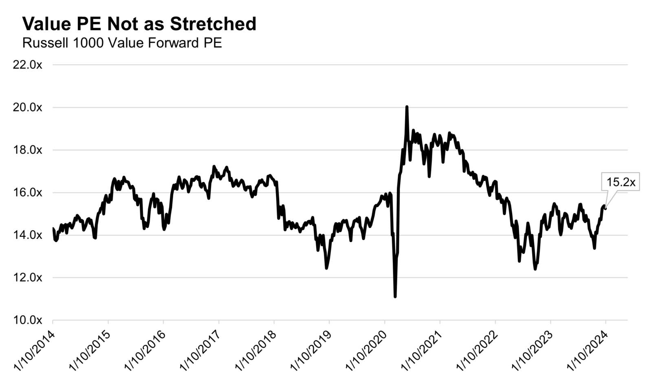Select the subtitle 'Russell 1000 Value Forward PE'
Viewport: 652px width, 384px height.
pyautogui.click(x=122, y=43)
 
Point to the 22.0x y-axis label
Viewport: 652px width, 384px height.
pyautogui.click(x=27, y=65)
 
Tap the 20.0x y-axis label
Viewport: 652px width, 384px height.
pyautogui.click(x=27, y=108)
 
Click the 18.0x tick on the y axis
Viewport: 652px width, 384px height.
pyautogui.click(x=27, y=150)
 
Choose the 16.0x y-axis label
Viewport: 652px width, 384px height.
pyautogui.click(x=27, y=192)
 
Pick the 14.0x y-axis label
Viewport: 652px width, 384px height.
pyautogui.click(x=27, y=235)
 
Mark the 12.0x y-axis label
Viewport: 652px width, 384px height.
pyautogui.click(x=27, y=278)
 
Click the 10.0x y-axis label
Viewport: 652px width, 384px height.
pyautogui.click(x=27, y=320)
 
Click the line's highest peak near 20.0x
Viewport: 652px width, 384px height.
pyautogui.click(x=407, y=107)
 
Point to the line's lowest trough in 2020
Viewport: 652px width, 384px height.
pyautogui.click(x=395, y=296)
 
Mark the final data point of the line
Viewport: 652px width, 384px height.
pyautogui.click(x=605, y=208)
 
